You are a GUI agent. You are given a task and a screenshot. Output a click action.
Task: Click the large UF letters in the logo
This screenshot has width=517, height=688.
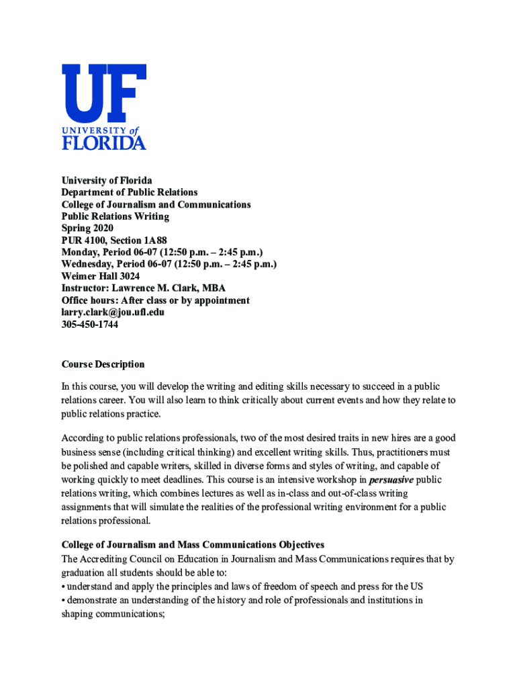(103, 93)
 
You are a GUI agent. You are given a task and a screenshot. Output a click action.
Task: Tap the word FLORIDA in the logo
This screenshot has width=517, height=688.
(103, 142)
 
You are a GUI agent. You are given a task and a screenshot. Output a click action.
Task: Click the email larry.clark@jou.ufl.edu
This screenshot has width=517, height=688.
(113, 312)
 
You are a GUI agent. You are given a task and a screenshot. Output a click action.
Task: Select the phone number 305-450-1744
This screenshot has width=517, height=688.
(90, 325)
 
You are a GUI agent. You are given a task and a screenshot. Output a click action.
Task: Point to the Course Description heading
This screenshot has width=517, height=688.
(103, 364)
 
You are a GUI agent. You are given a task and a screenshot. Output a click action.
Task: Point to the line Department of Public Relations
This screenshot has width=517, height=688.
(130, 192)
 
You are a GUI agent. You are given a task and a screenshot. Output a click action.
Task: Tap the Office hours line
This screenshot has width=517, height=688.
(155, 300)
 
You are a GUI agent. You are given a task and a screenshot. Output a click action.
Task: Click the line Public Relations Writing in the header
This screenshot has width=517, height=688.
(115, 216)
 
